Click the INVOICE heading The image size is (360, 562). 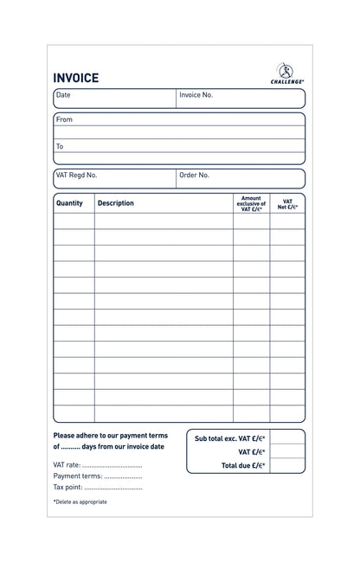pyautogui.click(x=76, y=78)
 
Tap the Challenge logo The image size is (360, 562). pyautogui.click(x=287, y=73)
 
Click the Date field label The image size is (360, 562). pyautogui.click(x=63, y=95)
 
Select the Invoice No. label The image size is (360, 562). pyautogui.click(x=196, y=95)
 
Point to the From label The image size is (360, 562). pyautogui.click(x=64, y=120)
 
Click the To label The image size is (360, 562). pyautogui.click(x=60, y=146)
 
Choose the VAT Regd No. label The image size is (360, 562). pyautogui.click(x=76, y=175)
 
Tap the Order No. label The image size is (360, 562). pyautogui.click(x=194, y=175)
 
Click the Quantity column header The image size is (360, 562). pyautogui.click(x=69, y=203)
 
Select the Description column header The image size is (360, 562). pyautogui.click(x=116, y=203)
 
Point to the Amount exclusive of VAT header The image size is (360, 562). pyautogui.click(x=250, y=203)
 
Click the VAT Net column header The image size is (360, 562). pyautogui.click(x=287, y=203)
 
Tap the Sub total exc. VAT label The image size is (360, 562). pyautogui.click(x=229, y=438)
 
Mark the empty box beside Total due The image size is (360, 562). pyautogui.click(x=288, y=466)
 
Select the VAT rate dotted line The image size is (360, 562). pyautogui.click(x=112, y=465)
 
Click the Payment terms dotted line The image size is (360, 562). pyautogui.click(x=123, y=476)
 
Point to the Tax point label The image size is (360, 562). pyautogui.click(x=68, y=487)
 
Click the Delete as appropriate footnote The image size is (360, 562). pyautogui.click(x=80, y=501)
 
